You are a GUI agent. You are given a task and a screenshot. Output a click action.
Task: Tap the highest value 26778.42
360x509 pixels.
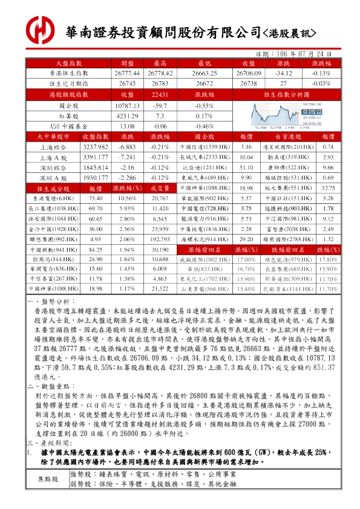coord(160,73)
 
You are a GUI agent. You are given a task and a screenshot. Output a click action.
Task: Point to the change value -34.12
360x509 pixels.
coord(283,73)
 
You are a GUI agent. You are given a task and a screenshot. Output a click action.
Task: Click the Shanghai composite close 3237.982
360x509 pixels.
coord(95,147)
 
